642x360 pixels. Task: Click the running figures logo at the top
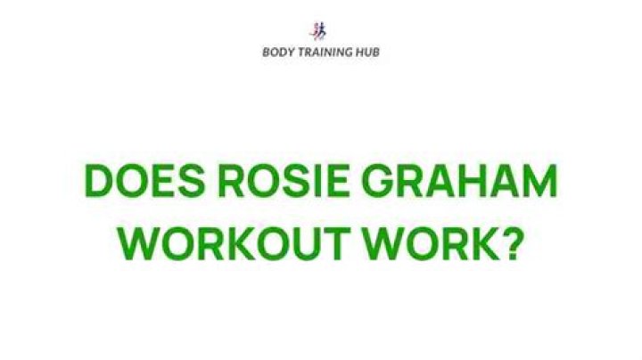321,29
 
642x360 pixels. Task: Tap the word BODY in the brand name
277,52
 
